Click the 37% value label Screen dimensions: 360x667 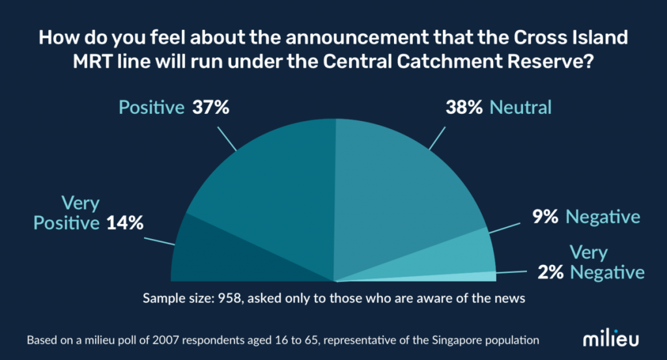(x=210, y=107)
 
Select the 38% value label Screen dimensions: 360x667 (x=464, y=107)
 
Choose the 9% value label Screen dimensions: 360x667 (x=545, y=217)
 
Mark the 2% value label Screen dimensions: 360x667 (x=551, y=271)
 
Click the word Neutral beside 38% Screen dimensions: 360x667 (x=520, y=107)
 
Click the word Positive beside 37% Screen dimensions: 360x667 (x=152, y=107)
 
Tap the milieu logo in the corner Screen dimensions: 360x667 (x=610, y=340)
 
